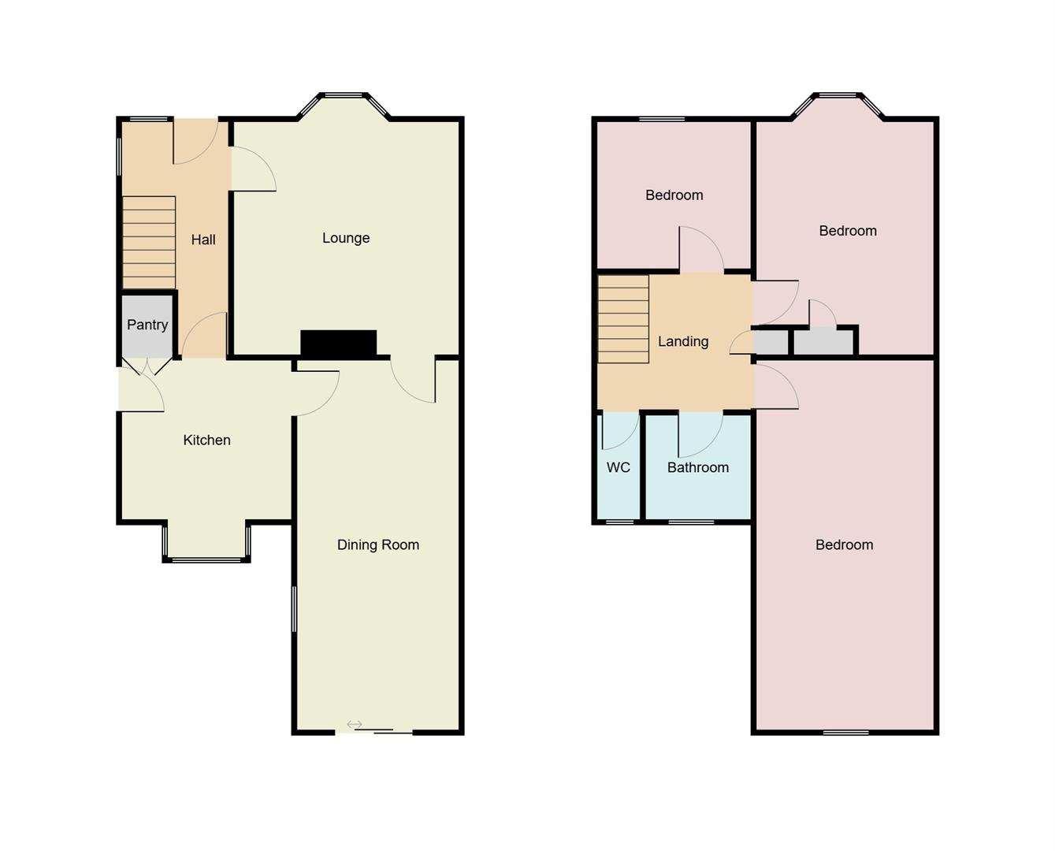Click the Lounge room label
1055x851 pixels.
pyautogui.click(x=346, y=238)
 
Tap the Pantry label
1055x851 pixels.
pyautogui.click(x=147, y=325)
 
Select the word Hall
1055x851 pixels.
pyautogui.click(x=203, y=240)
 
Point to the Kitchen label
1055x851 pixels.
pyautogui.click(x=207, y=440)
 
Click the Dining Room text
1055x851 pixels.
pyautogui.click(x=378, y=544)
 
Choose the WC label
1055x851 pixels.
pyautogui.click(x=619, y=467)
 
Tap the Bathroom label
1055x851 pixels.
pyautogui.click(x=698, y=467)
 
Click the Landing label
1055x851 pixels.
pyautogui.click(x=683, y=341)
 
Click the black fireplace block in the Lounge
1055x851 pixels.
pyautogui.click(x=339, y=343)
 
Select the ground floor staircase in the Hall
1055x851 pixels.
pyautogui.click(x=149, y=242)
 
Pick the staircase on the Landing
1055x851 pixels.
pyautogui.click(x=623, y=318)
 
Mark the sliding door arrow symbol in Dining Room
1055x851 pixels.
pyautogui.click(x=355, y=724)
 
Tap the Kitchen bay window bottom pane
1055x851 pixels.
pyautogui.click(x=206, y=560)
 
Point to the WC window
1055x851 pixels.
pyautogui.click(x=619, y=522)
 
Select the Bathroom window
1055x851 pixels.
pyautogui.click(x=691, y=522)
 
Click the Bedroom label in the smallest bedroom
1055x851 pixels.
pyautogui.click(x=674, y=195)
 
